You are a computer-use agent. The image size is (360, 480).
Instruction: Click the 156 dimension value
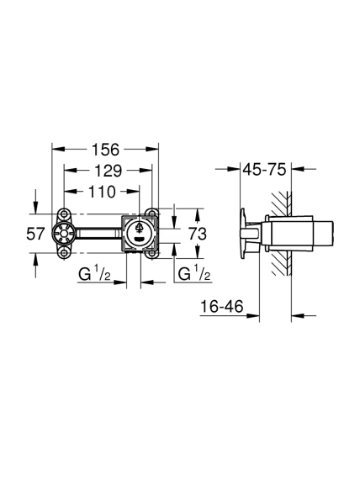click(x=105, y=150)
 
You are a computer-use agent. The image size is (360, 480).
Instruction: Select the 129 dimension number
click(x=108, y=171)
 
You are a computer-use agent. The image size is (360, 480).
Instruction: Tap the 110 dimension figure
click(x=103, y=192)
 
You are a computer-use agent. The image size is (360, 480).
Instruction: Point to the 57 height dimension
click(x=35, y=234)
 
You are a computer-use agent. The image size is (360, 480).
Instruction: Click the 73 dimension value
click(x=198, y=235)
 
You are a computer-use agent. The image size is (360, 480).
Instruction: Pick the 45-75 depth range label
click(x=264, y=169)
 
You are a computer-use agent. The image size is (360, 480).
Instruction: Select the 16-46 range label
click(x=222, y=306)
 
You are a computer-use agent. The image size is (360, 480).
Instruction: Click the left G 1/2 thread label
click(x=94, y=273)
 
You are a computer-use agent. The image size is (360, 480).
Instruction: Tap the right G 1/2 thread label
click(x=194, y=273)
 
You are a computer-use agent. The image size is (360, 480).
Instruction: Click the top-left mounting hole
click(x=64, y=214)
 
